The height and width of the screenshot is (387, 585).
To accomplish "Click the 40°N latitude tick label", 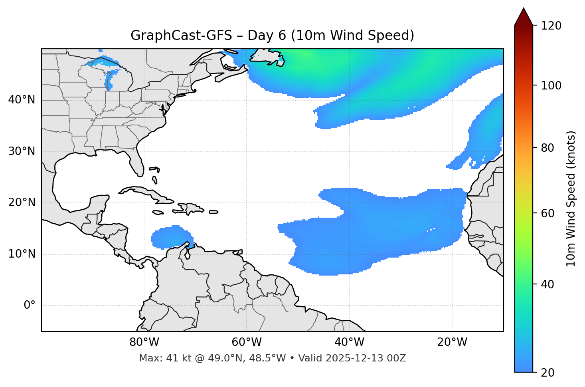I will pos(22,100).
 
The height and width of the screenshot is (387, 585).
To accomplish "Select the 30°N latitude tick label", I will pos(22,151).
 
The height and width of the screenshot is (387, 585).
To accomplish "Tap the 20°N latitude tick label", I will pos(22,203).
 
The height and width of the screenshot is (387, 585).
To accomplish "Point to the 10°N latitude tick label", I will pos(22,254).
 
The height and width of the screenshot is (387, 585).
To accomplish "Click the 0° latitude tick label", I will pos(30,306).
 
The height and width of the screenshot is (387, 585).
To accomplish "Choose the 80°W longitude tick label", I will pos(144,342).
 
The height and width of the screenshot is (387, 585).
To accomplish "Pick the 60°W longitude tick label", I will pos(247,342).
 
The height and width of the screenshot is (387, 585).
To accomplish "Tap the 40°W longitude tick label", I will pos(349,342).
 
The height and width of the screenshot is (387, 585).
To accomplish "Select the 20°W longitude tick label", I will pos(452,342).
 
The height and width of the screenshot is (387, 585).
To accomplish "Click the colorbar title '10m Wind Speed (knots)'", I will pos(571,199).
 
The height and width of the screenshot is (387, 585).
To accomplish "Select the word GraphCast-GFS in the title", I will pos(181,36).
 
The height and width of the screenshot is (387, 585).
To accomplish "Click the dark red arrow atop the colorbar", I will pos(524,17).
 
